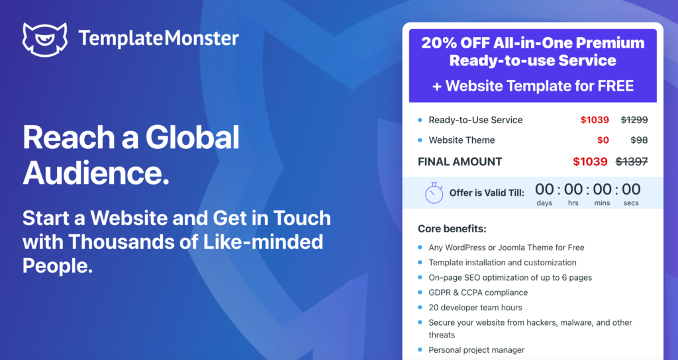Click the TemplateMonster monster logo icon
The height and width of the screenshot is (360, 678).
(45, 39)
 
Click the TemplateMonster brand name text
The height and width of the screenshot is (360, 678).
(158, 38)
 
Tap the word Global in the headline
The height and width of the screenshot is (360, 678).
(193, 138)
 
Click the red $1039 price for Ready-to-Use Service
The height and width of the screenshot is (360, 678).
(595, 120)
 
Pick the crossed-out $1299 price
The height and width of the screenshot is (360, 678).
(634, 120)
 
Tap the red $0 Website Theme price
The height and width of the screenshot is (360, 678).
(603, 140)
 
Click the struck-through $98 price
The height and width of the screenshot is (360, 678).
(639, 140)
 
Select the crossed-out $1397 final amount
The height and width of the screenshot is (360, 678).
(632, 161)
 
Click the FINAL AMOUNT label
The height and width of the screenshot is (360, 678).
(460, 161)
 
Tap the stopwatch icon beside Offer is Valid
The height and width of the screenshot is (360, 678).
(434, 193)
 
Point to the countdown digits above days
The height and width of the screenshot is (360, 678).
(544, 189)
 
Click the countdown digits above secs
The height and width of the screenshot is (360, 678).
(631, 189)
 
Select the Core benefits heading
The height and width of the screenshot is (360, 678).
(452, 228)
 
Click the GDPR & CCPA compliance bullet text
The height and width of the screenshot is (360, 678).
(478, 292)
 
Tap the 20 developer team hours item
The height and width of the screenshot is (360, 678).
(475, 308)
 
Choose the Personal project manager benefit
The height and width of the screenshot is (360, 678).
(477, 350)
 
